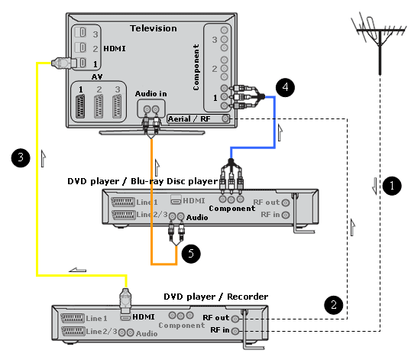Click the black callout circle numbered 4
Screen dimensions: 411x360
(x=285, y=87)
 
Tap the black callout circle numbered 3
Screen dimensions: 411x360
(x=21, y=158)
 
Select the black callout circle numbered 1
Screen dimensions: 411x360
(x=392, y=186)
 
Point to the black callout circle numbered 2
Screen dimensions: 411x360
(x=333, y=305)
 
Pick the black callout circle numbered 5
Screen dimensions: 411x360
(x=191, y=253)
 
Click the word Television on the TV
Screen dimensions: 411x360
(x=154, y=28)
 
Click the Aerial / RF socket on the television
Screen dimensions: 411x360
(x=225, y=118)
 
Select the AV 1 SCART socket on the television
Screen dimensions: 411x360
(x=80, y=106)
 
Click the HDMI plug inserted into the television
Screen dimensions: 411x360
(x=63, y=63)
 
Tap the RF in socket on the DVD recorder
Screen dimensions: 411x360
(x=235, y=331)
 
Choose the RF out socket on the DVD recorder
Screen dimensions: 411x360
(x=235, y=319)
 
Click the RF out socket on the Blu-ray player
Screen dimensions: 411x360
(x=286, y=203)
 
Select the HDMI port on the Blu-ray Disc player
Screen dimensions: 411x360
(x=176, y=199)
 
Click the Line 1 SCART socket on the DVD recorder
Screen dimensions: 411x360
(x=73, y=318)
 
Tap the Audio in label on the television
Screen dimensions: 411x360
(x=150, y=93)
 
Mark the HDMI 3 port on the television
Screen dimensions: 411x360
(x=81, y=33)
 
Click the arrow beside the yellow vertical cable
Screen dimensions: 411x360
(x=44, y=158)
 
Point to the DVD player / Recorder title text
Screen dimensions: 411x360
(x=215, y=297)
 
